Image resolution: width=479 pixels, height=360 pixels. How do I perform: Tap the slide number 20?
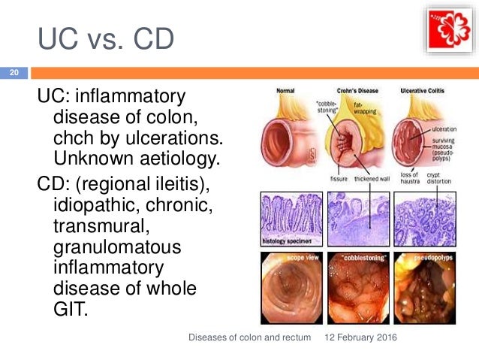coord(14,74)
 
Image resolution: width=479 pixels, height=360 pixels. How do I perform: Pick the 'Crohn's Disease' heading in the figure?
coord(358,90)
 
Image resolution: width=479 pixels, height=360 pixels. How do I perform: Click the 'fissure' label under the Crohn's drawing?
coord(339,179)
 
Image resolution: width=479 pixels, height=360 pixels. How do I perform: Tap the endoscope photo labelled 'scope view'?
coord(291,284)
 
